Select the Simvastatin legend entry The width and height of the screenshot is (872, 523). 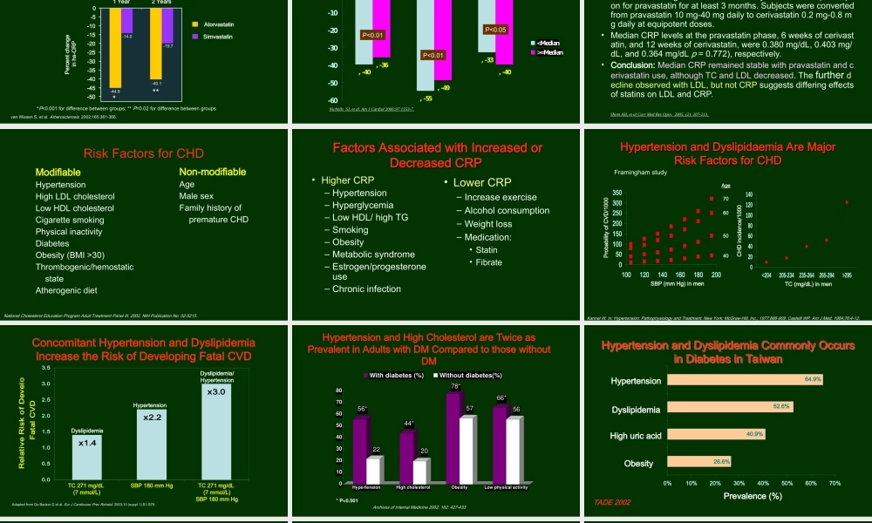[216, 39]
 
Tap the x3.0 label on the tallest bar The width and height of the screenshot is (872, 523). [216, 391]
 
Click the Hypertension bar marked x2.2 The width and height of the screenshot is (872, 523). [151, 418]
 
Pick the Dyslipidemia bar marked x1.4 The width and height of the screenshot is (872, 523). [86, 443]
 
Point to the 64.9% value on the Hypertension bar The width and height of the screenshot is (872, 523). [813, 380]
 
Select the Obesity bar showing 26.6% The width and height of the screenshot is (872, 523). [698, 461]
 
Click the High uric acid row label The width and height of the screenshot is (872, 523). [636, 435]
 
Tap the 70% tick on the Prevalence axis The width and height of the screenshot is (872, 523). [835, 482]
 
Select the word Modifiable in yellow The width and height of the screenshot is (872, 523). [58, 172]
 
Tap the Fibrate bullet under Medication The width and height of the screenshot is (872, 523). [488, 262]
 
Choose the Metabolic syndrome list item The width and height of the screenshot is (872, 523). [367, 255]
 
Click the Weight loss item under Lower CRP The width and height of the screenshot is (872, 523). [488, 224]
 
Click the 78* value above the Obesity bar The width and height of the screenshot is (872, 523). [455, 386]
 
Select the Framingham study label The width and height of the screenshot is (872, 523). [641, 173]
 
